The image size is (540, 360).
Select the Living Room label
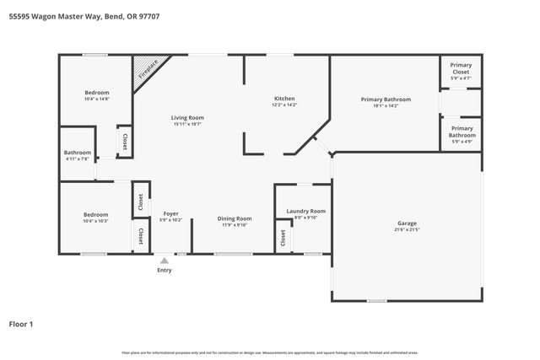187,118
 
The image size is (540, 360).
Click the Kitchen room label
283,98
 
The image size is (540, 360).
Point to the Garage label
407,223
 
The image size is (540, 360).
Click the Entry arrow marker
165,261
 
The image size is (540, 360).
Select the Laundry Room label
305,211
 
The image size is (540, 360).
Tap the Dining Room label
235,218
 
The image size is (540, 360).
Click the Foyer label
170,214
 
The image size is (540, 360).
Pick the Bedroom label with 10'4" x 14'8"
96,92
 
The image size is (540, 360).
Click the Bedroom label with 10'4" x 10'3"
95,214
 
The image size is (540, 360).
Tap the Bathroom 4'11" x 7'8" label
78,153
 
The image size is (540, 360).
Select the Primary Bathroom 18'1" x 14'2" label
385,99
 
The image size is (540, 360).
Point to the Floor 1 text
22,323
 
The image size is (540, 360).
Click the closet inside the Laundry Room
283,239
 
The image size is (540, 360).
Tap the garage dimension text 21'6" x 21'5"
407,229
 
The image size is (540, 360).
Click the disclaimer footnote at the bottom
270,352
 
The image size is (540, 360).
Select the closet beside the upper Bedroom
124,141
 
